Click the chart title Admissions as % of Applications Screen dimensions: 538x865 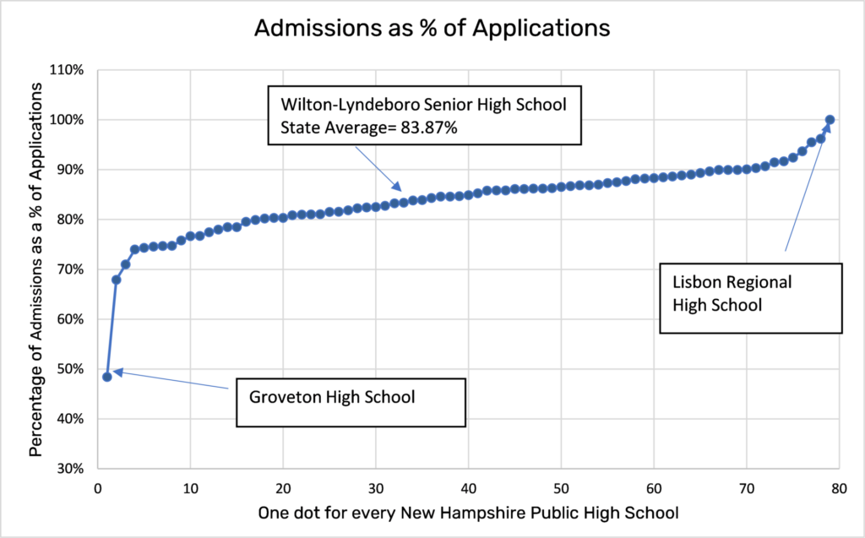pos(432,28)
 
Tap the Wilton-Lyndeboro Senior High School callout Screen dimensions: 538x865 pos(425,117)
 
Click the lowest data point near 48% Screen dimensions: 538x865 pos(107,377)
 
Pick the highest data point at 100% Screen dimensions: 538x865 pos(830,120)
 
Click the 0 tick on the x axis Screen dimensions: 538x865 pos(98,488)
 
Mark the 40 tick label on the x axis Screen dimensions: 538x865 pos(468,488)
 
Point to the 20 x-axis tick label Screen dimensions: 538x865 pos(283,488)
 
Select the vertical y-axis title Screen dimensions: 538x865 pos(35,269)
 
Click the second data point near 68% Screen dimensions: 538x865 pos(117,279)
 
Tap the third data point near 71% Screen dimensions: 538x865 pos(126,264)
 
